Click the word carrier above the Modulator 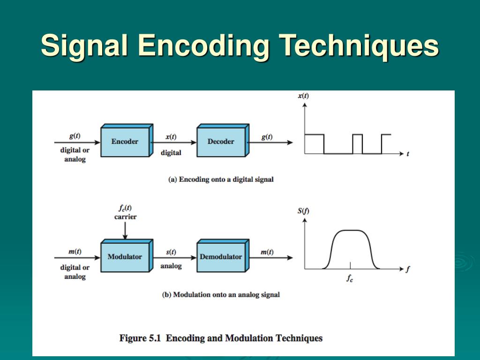click(x=126, y=217)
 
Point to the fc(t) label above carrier click(x=125, y=208)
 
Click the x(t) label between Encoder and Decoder click(x=171, y=136)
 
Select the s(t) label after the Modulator click(x=171, y=252)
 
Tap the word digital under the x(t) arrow click(x=171, y=152)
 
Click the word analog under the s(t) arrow click(x=171, y=266)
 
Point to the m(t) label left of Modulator click(x=75, y=252)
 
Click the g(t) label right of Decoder click(x=267, y=136)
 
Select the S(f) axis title click(x=303, y=210)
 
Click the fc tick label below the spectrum click(x=350, y=278)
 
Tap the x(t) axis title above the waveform click(x=303, y=96)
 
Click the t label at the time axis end click(x=408, y=154)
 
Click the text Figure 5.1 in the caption click(x=140, y=338)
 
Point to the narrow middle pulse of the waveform click(x=358, y=135)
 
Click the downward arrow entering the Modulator click(x=125, y=231)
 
